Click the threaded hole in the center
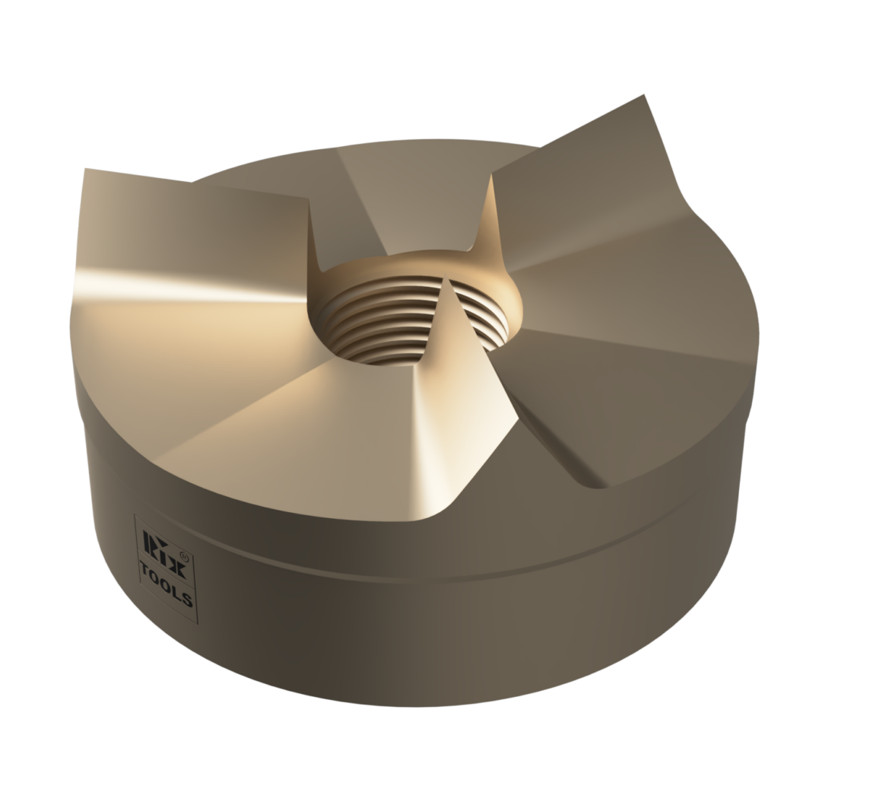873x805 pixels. click(x=380, y=323)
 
